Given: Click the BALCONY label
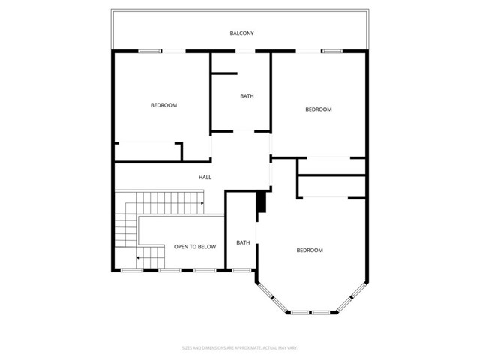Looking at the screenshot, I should tap(242, 34).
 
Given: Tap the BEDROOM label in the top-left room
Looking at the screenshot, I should tap(163, 105).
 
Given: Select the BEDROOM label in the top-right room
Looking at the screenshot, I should tap(318, 109).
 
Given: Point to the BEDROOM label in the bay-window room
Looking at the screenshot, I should tap(309, 250).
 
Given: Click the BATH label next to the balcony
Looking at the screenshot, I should tap(246, 95).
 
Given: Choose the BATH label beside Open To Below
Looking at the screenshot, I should tap(243, 242).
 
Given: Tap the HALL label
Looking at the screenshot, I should tap(205, 178).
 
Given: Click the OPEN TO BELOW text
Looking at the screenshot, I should tap(195, 246).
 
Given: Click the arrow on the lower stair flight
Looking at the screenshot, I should tap(139, 257).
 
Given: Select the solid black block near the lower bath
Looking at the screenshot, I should tap(261, 203).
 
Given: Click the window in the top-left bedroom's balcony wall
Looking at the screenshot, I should tap(149, 51).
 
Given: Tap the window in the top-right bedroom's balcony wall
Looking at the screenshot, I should tap(332, 51).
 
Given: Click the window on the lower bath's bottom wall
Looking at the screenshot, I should tap(241, 270).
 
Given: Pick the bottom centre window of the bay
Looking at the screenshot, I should tap(310, 311).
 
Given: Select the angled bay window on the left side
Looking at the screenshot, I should tap(274, 301).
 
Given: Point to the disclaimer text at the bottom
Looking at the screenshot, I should tap(239, 347).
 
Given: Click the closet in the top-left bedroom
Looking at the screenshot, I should tap(148, 151).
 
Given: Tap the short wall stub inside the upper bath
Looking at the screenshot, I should tap(223, 73).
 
